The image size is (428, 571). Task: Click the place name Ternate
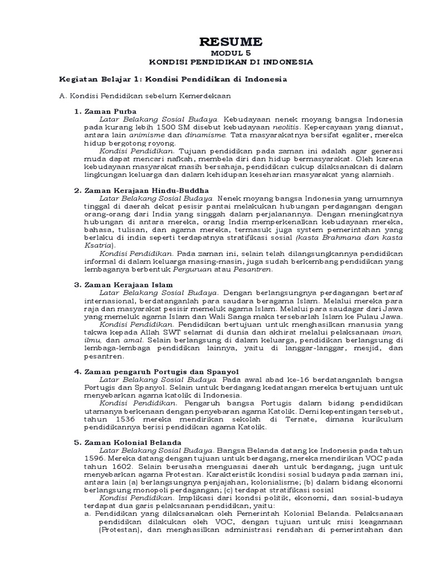pos(275,418)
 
